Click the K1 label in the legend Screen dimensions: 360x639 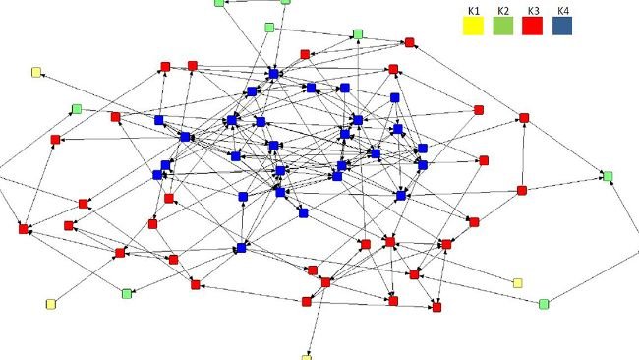point(472,11)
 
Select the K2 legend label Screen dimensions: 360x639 point(502,11)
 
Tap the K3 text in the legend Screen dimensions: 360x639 point(533,11)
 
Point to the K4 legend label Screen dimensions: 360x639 point(562,11)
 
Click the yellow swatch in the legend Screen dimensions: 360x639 point(473,27)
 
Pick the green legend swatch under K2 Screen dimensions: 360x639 point(503,27)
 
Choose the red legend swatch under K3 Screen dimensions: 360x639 point(533,27)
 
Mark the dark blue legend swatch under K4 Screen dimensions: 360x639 point(562,27)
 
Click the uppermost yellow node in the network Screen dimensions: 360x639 point(36,72)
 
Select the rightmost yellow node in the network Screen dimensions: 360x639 point(518,283)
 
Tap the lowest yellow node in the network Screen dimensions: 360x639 point(306,358)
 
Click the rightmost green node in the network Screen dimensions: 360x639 point(608,176)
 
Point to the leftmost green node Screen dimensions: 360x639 point(76,109)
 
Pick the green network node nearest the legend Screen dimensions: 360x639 point(357,35)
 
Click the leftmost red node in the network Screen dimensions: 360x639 point(23,229)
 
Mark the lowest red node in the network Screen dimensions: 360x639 point(436,308)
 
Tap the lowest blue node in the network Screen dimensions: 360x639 point(241,248)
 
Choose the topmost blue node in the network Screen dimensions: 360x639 point(275,73)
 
